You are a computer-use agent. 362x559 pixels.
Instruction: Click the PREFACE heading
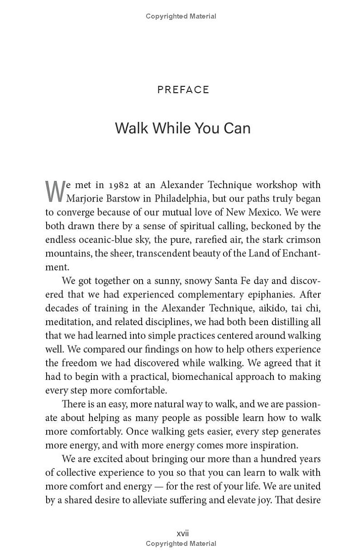click(x=183, y=90)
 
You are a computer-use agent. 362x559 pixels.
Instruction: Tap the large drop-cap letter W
click(x=55, y=192)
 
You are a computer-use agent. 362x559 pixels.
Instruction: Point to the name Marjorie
click(x=87, y=199)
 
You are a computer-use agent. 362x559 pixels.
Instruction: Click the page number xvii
click(x=182, y=534)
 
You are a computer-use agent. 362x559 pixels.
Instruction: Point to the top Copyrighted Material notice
click(x=181, y=16)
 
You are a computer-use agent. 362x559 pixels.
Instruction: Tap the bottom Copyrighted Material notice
click(x=181, y=544)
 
